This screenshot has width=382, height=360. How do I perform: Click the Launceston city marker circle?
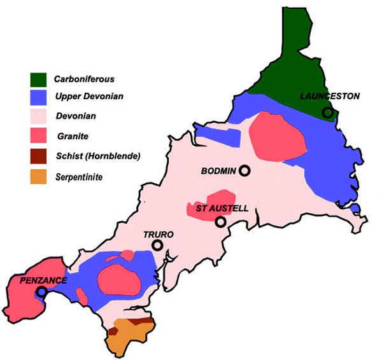[327, 113]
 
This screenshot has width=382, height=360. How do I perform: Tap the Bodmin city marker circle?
[244, 170]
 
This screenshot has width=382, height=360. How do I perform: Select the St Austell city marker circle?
[220, 222]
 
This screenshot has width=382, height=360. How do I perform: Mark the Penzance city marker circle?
[41, 291]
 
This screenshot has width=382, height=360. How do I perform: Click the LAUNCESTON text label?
[330, 96]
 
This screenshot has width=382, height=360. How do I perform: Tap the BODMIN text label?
[218, 171]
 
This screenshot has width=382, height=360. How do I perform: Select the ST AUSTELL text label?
[218, 209]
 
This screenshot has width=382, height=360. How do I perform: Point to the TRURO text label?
[157, 233]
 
